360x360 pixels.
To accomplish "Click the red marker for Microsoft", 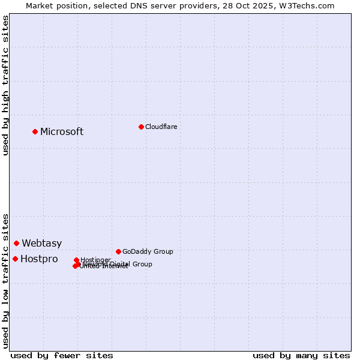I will [35, 131].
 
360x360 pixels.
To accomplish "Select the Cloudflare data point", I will [141, 127].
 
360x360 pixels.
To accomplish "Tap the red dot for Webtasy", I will [17, 243].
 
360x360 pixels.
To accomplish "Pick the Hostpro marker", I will [16, 259].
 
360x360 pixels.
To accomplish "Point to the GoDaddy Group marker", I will [118, 251].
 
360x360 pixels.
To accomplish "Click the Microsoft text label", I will [62, 132].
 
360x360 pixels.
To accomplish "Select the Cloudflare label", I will [161, 127].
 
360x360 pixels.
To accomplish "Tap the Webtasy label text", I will [42, 244].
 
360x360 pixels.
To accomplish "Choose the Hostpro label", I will [39, 259].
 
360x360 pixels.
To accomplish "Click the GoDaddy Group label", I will [148, 252].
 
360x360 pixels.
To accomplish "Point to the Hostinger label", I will [96, 260].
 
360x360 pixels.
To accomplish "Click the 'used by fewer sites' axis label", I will [62, 356].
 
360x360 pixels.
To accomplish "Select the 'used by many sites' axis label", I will [301, 356].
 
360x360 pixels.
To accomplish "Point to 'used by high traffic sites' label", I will [6, 85].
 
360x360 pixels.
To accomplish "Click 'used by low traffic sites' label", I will [6, 281].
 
